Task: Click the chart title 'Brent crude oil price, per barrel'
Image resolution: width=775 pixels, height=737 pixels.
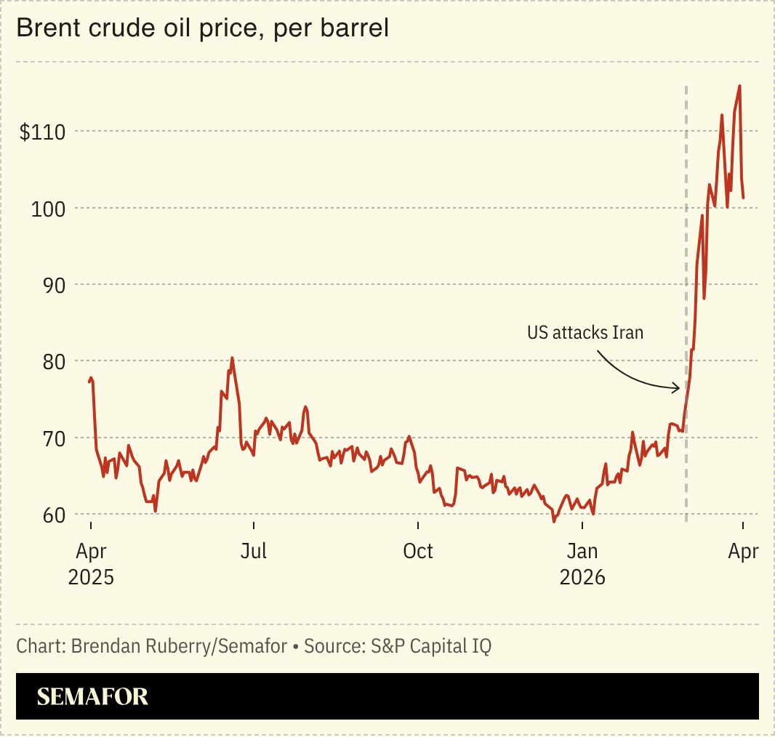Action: (202, 28)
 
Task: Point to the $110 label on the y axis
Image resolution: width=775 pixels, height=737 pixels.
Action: (43, 132)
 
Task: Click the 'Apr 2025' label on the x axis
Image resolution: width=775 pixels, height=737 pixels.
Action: (91, 564)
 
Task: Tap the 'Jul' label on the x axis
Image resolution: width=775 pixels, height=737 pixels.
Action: (254, 552)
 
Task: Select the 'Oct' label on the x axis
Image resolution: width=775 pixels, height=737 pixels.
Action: (418, 552)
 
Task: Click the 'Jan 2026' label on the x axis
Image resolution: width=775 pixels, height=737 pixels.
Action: (582, 564)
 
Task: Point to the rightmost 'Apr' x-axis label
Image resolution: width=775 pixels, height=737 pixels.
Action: (742, 552)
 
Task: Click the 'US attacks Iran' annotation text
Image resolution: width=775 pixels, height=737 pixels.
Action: (585, 333)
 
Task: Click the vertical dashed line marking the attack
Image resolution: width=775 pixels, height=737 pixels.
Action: (686, 218)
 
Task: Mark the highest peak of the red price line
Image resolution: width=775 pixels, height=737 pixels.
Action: (739, 86)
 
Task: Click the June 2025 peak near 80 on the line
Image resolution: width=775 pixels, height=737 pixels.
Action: (232, 358)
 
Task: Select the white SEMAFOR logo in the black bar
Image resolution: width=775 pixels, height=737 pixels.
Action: (92, 696)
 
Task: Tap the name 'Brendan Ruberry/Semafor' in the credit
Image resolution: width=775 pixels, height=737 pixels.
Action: (179, 645)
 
